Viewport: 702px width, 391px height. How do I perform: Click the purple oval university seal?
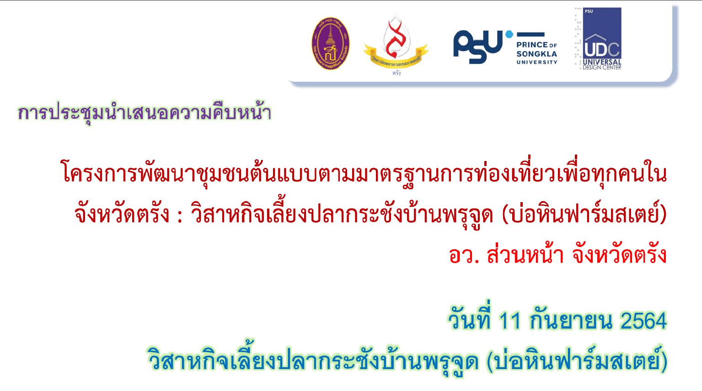(x=330, y=43)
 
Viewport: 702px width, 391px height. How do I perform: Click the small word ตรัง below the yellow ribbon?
(x=397, y=73)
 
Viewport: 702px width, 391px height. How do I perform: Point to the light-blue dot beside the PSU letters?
(x=509, y=34)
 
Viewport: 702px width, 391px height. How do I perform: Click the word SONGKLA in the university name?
(x=536, y=54)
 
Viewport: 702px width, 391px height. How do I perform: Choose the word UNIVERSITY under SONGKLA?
(x=536, y=62)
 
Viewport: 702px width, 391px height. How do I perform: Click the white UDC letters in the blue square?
(x=601, y=49)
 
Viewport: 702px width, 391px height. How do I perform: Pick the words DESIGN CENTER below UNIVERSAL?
(x=602, y=67)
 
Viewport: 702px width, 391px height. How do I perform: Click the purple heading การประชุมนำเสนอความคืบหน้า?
(x=145, y=112)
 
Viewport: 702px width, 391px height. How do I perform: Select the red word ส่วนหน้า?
(x=525, y=253)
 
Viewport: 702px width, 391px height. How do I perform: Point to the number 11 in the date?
(x=510, y=321)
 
